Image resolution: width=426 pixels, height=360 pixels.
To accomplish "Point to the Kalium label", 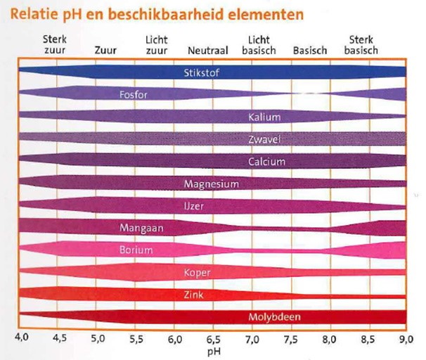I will click(264, 117).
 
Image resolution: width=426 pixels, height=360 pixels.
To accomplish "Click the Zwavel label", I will click(266, 139).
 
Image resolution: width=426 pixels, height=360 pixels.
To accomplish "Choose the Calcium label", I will click(266, 162).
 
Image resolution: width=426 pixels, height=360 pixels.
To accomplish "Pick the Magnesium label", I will click(211, 184).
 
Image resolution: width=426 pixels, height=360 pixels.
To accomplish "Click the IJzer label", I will click(195, 206).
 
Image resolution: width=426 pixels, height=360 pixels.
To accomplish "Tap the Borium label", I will click(135, 250).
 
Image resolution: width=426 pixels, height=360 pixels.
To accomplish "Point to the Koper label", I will click(197, 272).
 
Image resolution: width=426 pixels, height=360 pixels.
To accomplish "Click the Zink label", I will click(194, 294).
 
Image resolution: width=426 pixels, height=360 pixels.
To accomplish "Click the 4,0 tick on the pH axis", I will click(21, 338).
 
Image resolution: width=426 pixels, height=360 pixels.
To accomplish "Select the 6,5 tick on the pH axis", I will click(213, 338).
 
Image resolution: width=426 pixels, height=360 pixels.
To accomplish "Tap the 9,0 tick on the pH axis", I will click(406, 338).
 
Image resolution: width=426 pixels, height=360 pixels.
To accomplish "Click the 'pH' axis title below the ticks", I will click(213, 348).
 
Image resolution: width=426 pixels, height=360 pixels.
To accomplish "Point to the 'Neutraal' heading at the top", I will click(207, 51).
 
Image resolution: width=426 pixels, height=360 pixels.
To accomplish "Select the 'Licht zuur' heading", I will click(156, 45).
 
